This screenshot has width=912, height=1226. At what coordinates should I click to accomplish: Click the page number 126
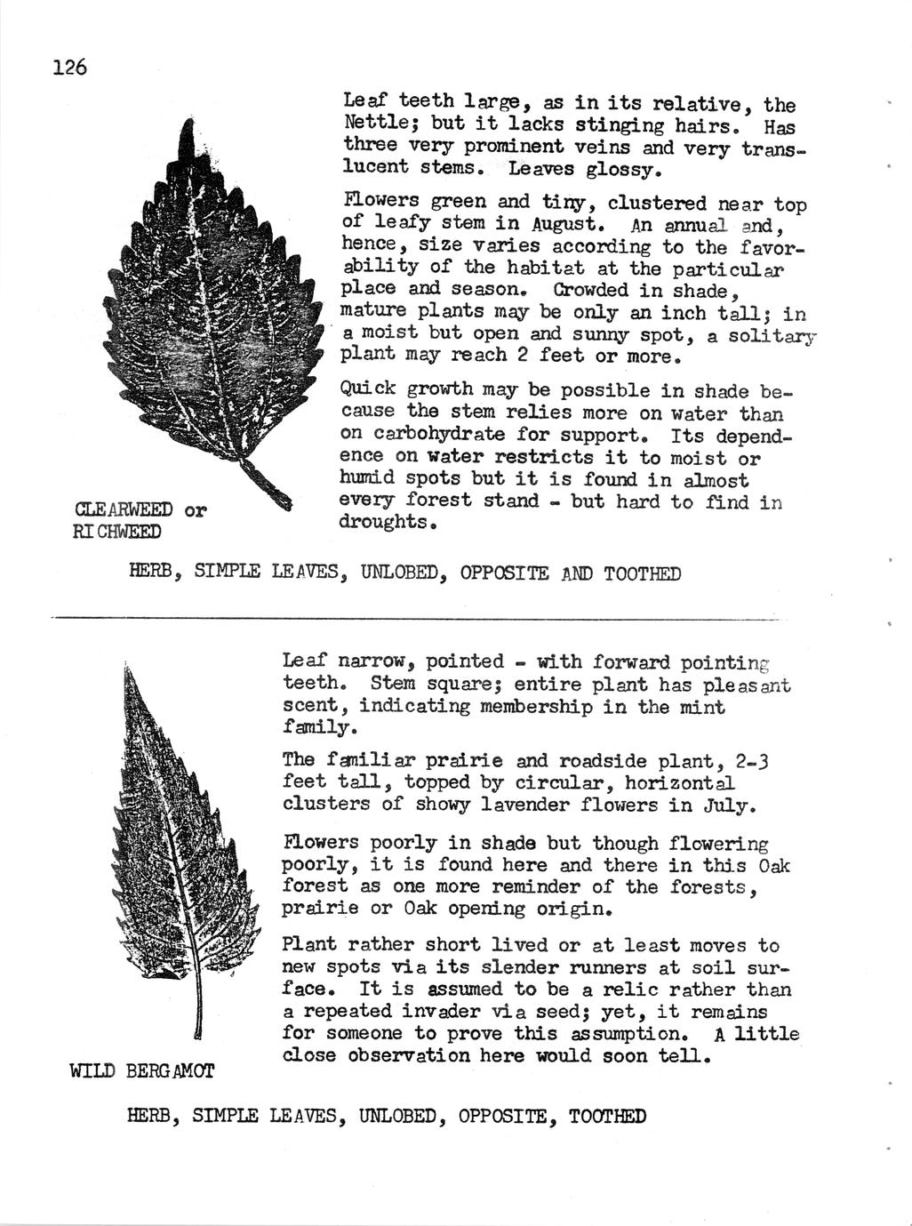point(68,68)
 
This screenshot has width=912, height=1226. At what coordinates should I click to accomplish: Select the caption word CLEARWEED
point(124,510)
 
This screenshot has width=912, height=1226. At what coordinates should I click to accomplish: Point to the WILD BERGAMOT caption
point(141,1070)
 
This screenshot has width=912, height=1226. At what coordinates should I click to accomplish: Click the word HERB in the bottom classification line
point(150,1117)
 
